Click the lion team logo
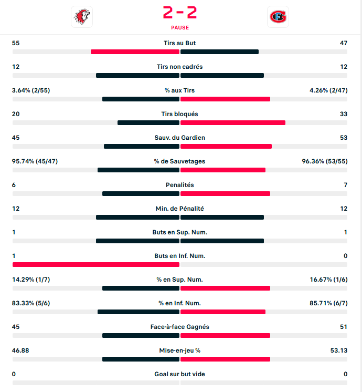click(x=81, y=17)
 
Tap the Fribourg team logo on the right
click(x=278, y=17)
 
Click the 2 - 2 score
click(x=180, y=12)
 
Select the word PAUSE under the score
click(x=180, y=27)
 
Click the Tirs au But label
click(x=180, y=43)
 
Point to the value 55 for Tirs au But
click(x=16, y=43)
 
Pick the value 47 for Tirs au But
click(x=344, y=43)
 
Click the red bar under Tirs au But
click(x=135, y=51)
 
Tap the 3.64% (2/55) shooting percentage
click(x=31, y=90)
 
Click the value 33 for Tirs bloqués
click(x=344, y=114)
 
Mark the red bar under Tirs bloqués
click(x=233, y=122)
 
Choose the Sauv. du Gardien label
click(x=180, y=138)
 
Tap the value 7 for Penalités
click(x=345, y=185)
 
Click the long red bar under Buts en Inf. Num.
click(x=96, y=264)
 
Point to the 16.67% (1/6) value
click(x=328, y=280)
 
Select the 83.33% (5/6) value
click(x=31, y=303)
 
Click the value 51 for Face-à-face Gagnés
click(x=344, y=327)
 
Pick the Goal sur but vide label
click(x=180, y=374)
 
